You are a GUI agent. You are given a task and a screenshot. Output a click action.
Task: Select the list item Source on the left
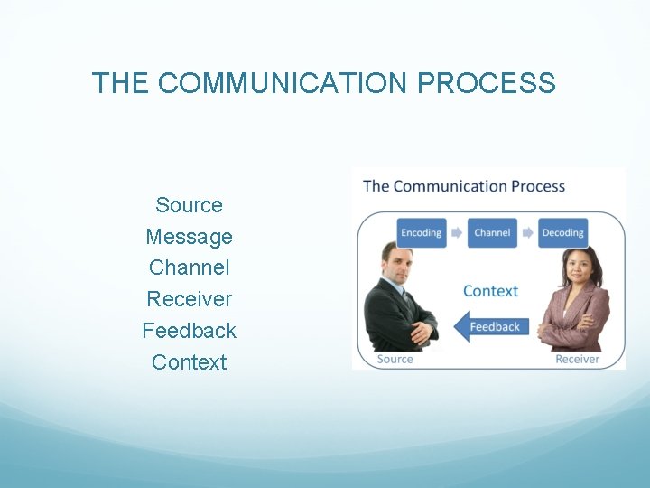click(189, 205)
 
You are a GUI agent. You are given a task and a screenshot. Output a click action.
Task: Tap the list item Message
click(189, 237)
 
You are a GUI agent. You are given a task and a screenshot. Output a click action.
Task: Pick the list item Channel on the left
click(189, 267)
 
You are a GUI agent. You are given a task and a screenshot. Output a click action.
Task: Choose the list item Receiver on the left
click(189, 299)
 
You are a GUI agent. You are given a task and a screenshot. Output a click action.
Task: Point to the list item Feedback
click(189, 331)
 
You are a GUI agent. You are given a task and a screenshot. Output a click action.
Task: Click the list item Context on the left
click(189, 362)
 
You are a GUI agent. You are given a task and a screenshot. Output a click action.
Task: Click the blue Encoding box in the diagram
click(421, 232)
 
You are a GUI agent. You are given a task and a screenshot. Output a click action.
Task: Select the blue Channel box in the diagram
click(492, 232)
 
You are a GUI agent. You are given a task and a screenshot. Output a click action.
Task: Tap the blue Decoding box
click(562, 232)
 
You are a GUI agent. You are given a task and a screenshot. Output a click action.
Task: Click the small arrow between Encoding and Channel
click(457, 232)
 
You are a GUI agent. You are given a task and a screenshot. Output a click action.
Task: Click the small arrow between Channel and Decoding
click(527, 232)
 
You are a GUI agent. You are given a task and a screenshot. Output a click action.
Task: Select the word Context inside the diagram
click(490, 291)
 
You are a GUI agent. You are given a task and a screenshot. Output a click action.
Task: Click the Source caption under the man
click(395, 359)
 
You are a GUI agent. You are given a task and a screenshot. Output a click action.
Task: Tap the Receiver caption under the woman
click(577, 359)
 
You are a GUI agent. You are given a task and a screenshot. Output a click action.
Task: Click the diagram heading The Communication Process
click(463, 187)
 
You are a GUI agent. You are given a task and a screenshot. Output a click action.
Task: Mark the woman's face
click(576, 266)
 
